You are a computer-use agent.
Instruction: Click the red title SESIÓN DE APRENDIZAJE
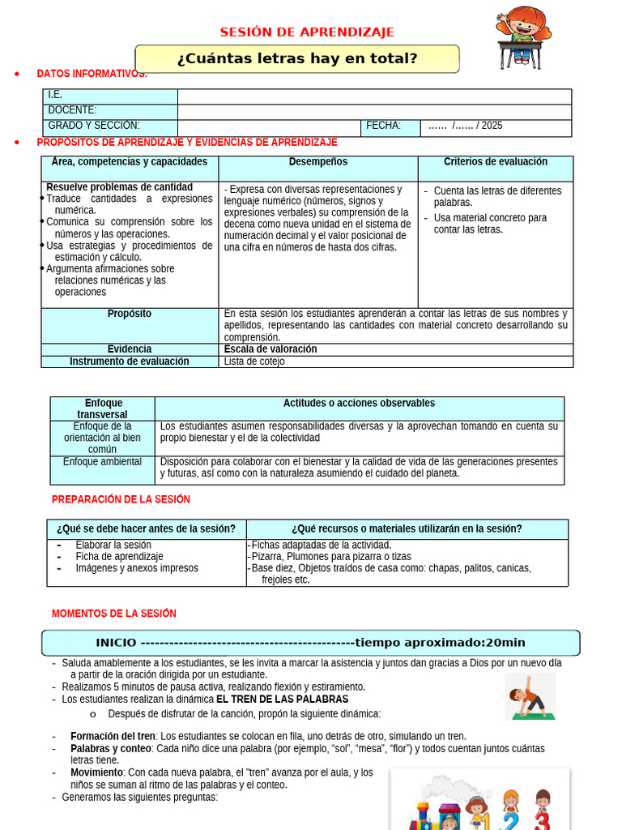[307, 32]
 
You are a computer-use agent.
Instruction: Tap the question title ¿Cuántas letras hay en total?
[297, 58]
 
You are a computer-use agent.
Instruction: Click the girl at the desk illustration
[522, 36]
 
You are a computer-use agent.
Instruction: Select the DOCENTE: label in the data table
[72, 110]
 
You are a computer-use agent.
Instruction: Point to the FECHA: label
[383, 126]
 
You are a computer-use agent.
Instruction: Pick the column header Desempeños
[317, 162]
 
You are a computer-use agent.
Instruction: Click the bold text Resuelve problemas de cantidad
[119, 187]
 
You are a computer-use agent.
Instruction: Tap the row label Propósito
[130, 314]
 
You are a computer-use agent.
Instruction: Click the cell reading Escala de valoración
[271, 349]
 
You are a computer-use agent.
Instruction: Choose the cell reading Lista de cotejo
[254, 362]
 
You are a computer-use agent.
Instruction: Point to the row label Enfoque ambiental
[102, 462]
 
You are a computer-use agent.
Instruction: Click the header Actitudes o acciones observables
[359, 403]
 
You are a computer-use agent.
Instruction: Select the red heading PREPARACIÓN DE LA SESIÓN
[121, 499]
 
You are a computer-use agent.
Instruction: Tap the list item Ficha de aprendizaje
[119, 557]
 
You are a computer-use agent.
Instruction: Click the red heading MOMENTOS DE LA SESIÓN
[114, 614]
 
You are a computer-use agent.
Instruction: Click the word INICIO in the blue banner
[116, 643]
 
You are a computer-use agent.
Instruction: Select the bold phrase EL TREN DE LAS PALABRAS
[282, 699]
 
